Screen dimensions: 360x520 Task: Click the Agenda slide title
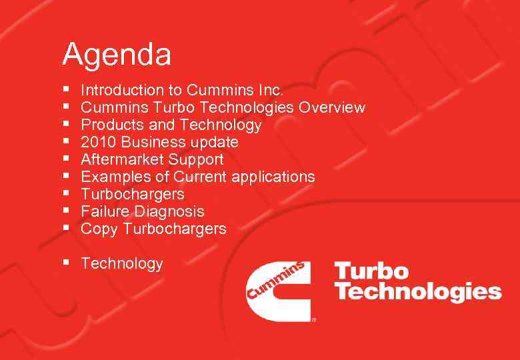tap(117, 55)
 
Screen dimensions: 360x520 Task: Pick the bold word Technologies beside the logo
tap(417, 292)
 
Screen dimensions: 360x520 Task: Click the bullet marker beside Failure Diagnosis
tap(67, 211)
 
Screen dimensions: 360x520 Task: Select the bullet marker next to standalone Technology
tap(67, 263)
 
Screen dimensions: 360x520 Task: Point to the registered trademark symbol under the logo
tap(314, 319)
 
